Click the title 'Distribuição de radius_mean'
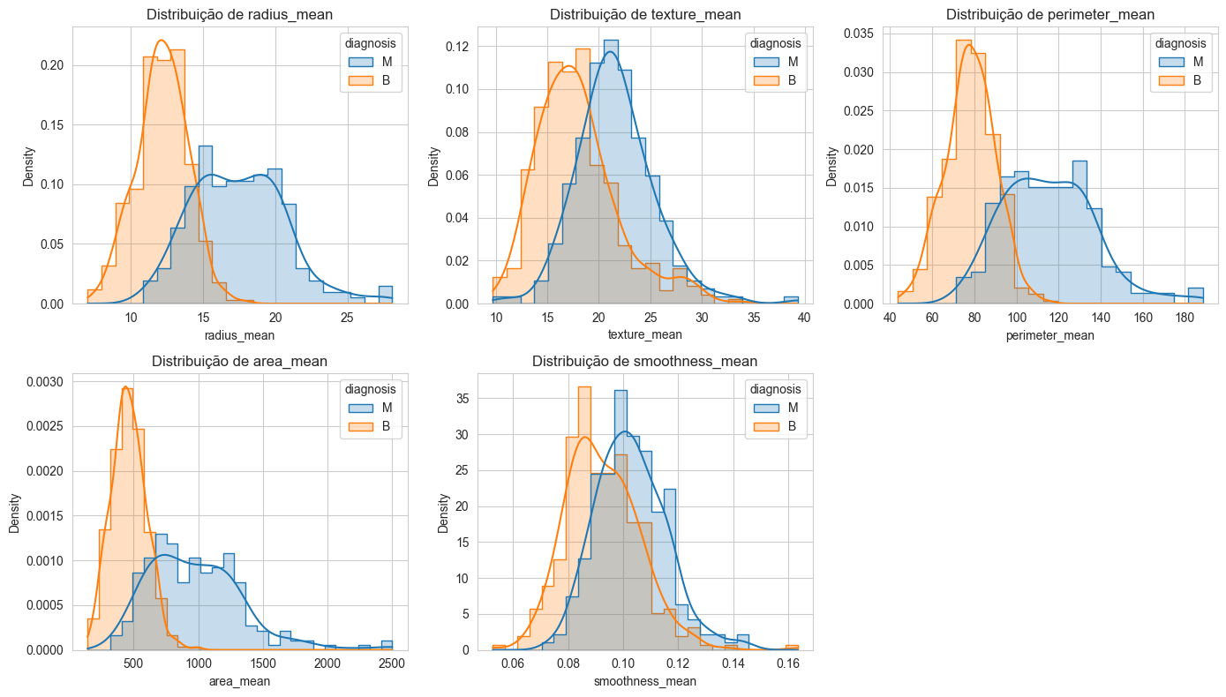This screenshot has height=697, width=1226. tap(239, 14)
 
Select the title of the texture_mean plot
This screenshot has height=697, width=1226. tap(644, 14)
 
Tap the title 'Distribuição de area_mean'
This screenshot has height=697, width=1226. tap(239, 361)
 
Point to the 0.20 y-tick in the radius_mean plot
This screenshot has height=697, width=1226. tap(52, 65)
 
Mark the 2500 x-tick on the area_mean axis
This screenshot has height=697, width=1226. tap(392, 664)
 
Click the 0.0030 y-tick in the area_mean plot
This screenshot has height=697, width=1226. tap(45, 382)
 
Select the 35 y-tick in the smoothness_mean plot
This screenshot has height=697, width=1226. tap(463, 399)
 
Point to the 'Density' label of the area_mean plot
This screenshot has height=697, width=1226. tap(14, 512)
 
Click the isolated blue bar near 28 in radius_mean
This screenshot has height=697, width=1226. tap(386, 295)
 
